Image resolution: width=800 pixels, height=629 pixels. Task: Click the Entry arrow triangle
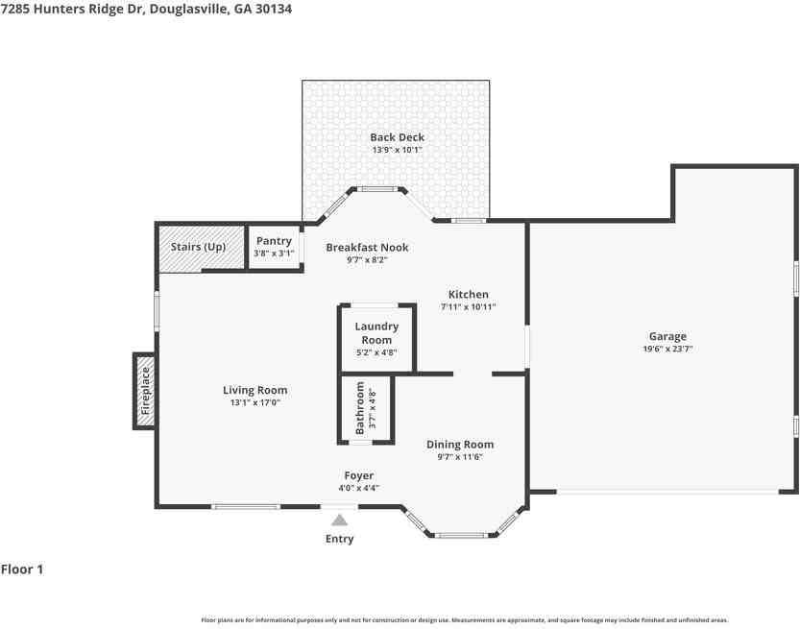tap(339, 520)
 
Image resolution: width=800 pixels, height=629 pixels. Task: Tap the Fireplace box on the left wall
tap(145, 391)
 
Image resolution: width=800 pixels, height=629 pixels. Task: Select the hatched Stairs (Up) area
tap(199, 247)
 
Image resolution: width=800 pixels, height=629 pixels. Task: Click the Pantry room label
tap(274, 241)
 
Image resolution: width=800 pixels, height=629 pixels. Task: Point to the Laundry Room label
tap(376, 332)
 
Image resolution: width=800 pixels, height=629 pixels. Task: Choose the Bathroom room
tap(366, 409)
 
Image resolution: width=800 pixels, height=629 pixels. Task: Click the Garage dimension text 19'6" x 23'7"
tap(667, 350)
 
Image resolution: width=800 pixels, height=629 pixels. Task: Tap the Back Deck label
tap(397, 137)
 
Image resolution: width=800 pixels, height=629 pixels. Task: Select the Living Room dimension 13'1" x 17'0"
tap(255, 403)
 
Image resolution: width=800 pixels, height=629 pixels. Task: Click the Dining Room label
tap(460, 444)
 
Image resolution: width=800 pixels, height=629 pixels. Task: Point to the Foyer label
tap(359, 475)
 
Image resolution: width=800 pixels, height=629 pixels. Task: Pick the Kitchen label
tap(469, 294)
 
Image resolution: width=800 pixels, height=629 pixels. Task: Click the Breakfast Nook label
tap(367, 247)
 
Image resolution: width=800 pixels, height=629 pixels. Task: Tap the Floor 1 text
tap(22, 569)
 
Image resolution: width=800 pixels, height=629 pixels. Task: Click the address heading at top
tap(146, 9)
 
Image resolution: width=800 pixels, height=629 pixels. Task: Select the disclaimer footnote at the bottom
tap(464, 620)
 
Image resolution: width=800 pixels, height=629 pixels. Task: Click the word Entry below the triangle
tap(339, 539)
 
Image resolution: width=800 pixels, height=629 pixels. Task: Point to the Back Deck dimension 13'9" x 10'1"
tap(397, 150)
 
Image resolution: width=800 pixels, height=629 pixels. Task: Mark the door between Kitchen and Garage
tap(527, 347)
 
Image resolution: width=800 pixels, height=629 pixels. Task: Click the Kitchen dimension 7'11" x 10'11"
tap(469, 307)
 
